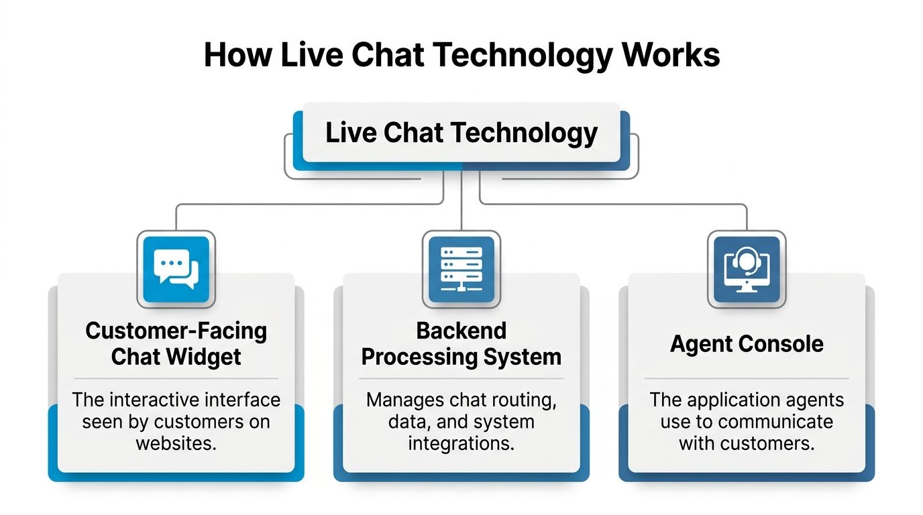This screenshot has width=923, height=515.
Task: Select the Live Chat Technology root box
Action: tap(461, 133)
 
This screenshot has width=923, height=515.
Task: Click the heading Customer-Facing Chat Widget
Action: tap(176, 343)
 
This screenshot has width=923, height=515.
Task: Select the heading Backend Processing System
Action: tap(461, 343)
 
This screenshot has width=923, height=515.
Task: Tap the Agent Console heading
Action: tap(747, 344)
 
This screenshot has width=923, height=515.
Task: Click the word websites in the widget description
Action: tap(176, 443)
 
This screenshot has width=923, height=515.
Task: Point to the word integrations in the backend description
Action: tap(461, 443)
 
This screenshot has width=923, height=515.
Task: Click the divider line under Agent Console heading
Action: tap(747, 379)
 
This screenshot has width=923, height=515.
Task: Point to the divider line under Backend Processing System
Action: tap(461, 379)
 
